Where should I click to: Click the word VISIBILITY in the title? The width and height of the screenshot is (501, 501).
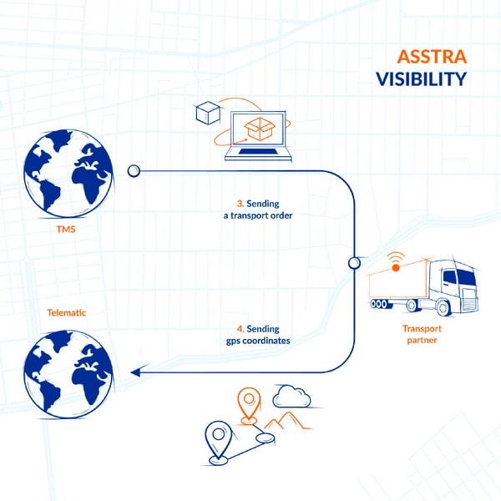point(420,79)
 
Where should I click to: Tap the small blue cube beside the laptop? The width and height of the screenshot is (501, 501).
point(205,113)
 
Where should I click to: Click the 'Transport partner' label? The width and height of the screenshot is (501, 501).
point(416,335)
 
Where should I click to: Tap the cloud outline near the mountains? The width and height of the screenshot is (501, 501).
point(291,396)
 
